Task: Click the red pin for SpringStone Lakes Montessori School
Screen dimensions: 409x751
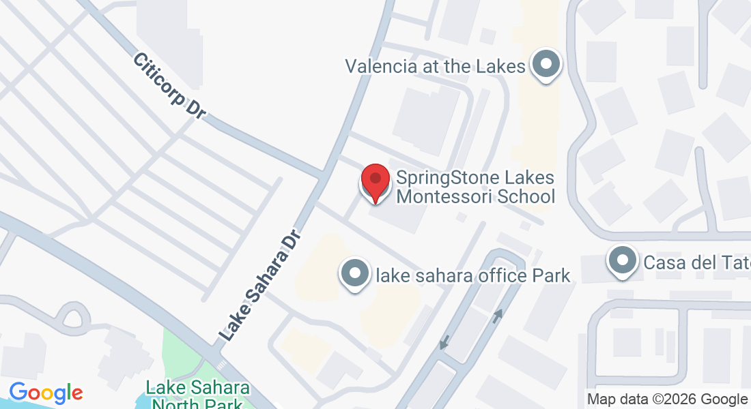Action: point(375,181)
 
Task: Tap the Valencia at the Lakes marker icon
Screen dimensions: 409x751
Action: point(545,65)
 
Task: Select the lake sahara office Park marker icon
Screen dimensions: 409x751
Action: point(354,274)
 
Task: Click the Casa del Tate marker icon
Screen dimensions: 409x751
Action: point(622,261)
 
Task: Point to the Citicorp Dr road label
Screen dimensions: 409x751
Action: point(169,87)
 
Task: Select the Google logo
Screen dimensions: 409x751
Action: point(46,393)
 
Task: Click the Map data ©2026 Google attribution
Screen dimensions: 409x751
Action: point(667,399)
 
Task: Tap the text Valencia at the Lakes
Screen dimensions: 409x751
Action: point(435,66)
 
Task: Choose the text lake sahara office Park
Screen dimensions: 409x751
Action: point(473,275)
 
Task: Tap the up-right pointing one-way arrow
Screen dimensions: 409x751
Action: point(498,316)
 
